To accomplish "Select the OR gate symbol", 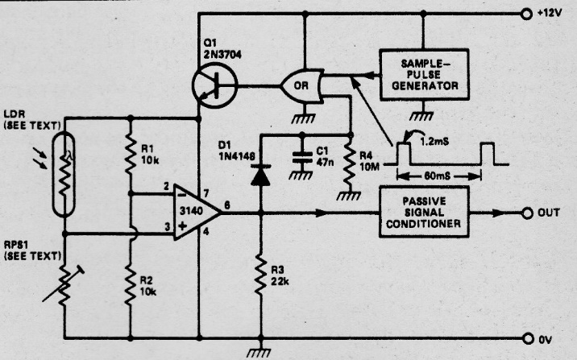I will tap(301, 83).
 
